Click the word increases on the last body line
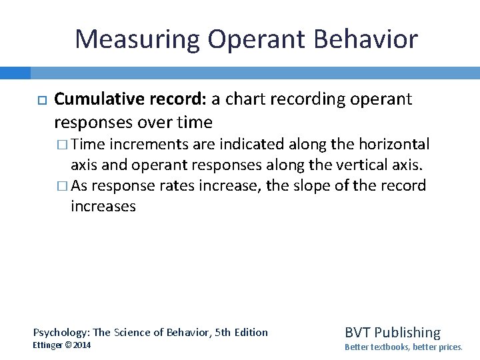tap(103, 206)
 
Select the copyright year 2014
tap(82, 345)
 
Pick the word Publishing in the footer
tap(407, 332)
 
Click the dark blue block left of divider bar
tap(15, 72)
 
